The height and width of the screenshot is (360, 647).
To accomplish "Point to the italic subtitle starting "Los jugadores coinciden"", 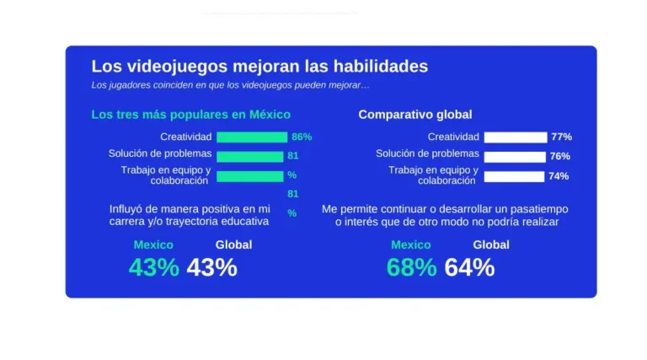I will tap(230, 85).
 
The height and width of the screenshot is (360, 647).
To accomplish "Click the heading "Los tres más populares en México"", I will tap(190, 115).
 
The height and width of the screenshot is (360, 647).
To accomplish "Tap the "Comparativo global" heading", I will tap(414, 115).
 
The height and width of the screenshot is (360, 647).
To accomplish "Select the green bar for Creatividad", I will tap(252, 137).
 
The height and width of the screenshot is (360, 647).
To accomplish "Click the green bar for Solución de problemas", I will tap(249, 156).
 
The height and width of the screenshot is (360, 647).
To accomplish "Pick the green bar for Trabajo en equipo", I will tap(249, 175).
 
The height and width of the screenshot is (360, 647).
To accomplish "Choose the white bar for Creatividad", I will tap(515, 137).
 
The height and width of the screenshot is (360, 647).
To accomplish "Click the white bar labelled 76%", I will tap(515, 156).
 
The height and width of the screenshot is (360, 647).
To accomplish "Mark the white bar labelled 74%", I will tap(514, 176).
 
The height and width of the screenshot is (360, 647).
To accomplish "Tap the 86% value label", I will tap(302, 137).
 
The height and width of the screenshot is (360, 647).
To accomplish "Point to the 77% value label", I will tap(561, 137).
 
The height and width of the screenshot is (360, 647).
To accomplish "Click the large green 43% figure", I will tap(153, 267).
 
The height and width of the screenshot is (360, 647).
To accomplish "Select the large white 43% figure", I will tap(211, 267).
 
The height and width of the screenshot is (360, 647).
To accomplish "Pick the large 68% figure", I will tap(411, 267).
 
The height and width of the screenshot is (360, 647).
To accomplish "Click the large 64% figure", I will tap(469, 267).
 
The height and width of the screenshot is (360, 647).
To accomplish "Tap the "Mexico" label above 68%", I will tap(410, 244).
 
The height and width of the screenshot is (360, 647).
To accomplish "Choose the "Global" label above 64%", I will tap(490, 244).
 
